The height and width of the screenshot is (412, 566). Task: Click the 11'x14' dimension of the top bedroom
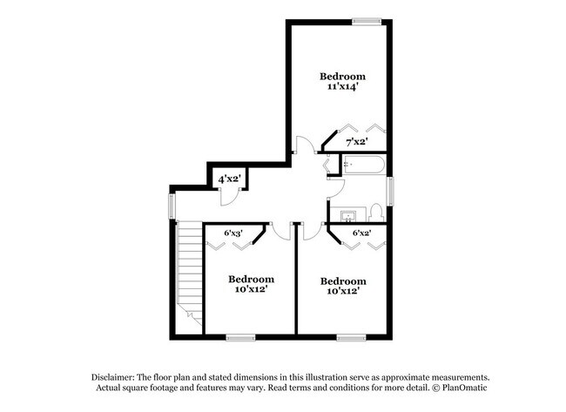[x=341, y=87]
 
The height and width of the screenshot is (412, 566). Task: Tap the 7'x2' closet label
[x=356, y=141]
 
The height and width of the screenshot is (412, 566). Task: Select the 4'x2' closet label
[x=229, y=179]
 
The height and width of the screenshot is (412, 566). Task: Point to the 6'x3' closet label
[x=232, y=233]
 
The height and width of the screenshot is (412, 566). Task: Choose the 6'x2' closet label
[x=360, y=233]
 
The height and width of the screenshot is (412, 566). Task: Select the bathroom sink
[x=349, y=213]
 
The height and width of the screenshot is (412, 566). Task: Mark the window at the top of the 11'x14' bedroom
[x=366, y=21]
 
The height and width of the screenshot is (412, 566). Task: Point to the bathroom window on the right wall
[x=390, y=190]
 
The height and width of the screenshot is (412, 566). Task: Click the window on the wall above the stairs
[x=172, y=206]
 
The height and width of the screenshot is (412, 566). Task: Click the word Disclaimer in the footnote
[x=117, y=376]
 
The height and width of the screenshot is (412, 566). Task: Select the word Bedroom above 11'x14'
[x=341, y=76]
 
